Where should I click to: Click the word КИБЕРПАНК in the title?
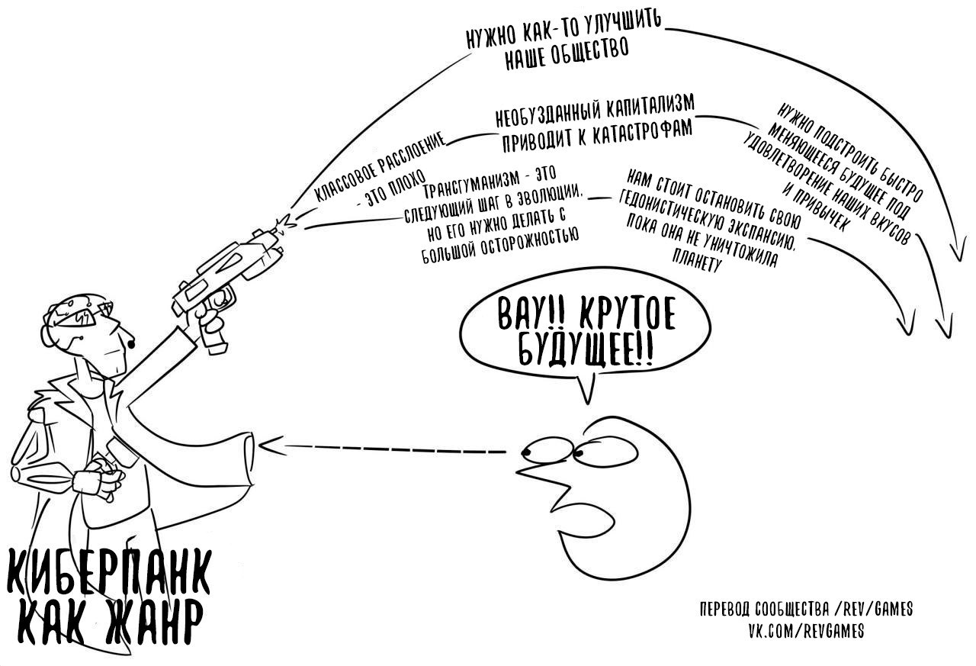tap(107, 572)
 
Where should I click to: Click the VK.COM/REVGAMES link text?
tap(805, 632)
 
